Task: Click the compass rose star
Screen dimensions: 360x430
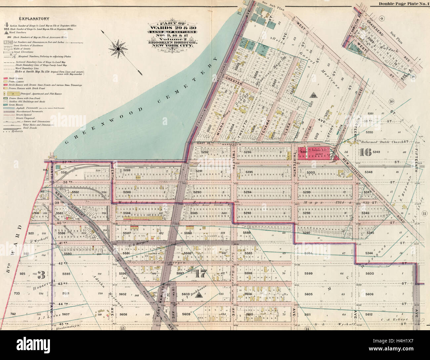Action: tap(118, 49)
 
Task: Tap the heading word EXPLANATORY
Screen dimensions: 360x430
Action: tap(34, 19)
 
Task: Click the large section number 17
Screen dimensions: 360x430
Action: tap(201, 273)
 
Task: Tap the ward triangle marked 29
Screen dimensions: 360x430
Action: tap(313, 95)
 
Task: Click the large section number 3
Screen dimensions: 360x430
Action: tap(41, 274)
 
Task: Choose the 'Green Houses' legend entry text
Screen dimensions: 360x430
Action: tap(20, 104)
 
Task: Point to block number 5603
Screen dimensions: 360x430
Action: tap(186, 294)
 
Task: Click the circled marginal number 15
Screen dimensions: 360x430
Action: tap(123, 328)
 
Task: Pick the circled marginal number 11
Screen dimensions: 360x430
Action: tap(424, 213)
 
